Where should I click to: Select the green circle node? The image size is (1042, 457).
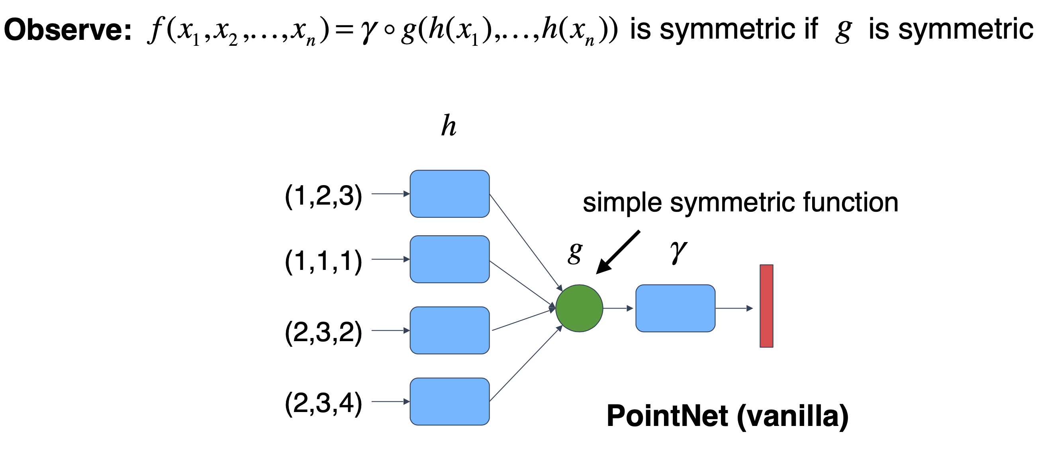tap(579, 308)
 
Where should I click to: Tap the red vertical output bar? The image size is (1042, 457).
tap(766, 306)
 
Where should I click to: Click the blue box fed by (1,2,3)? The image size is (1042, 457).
tap(449, 194)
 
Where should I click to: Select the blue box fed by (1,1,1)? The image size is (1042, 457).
tap(449, 259)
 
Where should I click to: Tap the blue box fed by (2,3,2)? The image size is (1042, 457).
tap(449, 330)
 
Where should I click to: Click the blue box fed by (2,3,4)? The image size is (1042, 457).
tap(449, 402)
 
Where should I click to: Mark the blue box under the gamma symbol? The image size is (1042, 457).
tap(675, 308)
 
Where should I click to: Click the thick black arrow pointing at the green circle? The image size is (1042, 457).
tap(618, 252)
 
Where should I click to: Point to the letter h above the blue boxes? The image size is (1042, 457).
tap(449, 126)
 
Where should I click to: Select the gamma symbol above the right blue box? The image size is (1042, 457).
tap(678, 252)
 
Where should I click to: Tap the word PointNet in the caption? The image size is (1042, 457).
tap(667, 416)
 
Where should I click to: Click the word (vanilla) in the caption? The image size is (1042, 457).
tap(792, 416)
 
